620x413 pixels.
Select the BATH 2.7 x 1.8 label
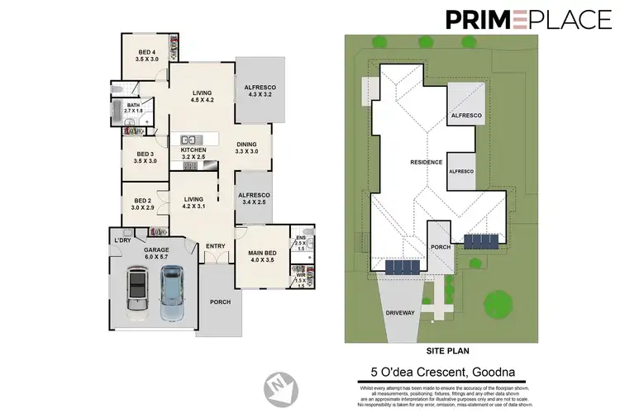133,107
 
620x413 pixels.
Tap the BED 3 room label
145,158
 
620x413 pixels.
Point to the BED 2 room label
142,203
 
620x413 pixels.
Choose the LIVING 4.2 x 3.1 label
194,202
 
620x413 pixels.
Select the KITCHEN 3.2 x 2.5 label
193,153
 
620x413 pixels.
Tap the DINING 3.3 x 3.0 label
247,147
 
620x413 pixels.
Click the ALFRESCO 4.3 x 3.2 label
260,91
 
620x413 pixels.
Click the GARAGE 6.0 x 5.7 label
156,252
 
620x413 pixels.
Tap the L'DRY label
123,240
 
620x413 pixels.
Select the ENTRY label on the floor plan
216,245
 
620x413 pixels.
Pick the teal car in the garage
173,295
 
